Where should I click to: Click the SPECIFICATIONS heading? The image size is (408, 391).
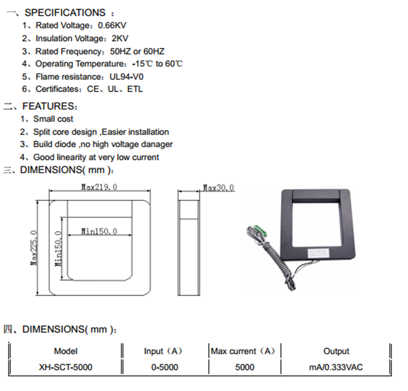point(65,13)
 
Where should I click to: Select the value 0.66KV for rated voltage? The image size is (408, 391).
point(112,26)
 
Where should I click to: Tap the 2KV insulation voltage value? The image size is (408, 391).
point(120,38)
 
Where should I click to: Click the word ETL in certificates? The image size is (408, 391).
point(135,89)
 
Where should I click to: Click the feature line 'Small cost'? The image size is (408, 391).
point(53,119)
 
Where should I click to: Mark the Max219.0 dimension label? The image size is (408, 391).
point(99,187)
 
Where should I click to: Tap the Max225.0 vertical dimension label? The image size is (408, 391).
point(34,247)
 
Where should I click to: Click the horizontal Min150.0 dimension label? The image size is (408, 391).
point(99,231)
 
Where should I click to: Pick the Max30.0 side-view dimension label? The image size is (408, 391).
point(218,187)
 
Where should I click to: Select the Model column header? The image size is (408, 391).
point(66,351)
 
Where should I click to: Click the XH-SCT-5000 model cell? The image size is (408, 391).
point(66,367)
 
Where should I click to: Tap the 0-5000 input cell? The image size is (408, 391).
point(165,367)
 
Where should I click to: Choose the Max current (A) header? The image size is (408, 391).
point(245,351)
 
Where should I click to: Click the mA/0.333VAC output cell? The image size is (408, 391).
point(336,367)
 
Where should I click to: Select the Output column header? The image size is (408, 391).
point(336,351)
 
